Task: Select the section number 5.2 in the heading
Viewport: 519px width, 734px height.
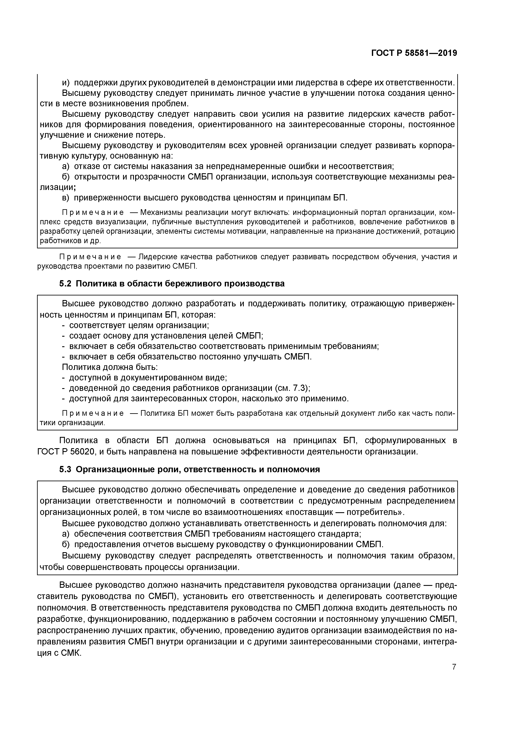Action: pos(65,284)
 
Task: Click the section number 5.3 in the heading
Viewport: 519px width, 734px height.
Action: pos(65,469)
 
